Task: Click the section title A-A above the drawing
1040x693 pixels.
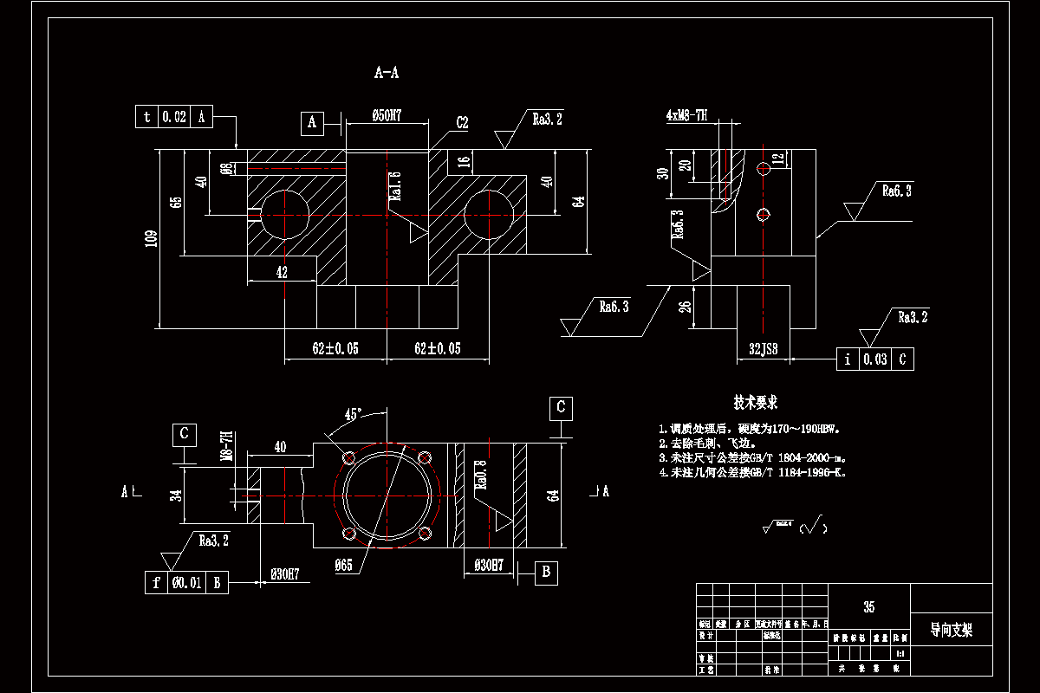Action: click(x=387, y=74)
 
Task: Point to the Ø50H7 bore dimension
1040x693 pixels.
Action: click(x=386, y=115)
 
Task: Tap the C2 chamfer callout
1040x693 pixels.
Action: click(x=461, y=123)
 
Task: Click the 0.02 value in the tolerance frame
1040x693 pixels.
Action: click(x=173, y=117)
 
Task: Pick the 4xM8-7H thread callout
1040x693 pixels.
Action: click(x=687, y=114)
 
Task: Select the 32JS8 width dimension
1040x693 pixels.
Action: click(x=763, y=348)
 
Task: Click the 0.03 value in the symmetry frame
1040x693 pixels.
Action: click(x=874, y=359)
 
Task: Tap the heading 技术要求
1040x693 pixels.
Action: click(x=755, y=403)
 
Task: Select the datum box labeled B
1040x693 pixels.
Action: click(x=546, y=573)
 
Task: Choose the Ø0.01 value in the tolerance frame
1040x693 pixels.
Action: click(x=186, y=583)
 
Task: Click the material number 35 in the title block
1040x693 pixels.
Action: click(x=868, y=607)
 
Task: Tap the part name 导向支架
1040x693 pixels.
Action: click(x=951, y=630)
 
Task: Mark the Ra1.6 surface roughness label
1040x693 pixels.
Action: click(x=395, y=186)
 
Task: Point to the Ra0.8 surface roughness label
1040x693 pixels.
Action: click(x=481, y=475)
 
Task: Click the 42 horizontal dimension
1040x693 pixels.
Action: click(x=282, y=272)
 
